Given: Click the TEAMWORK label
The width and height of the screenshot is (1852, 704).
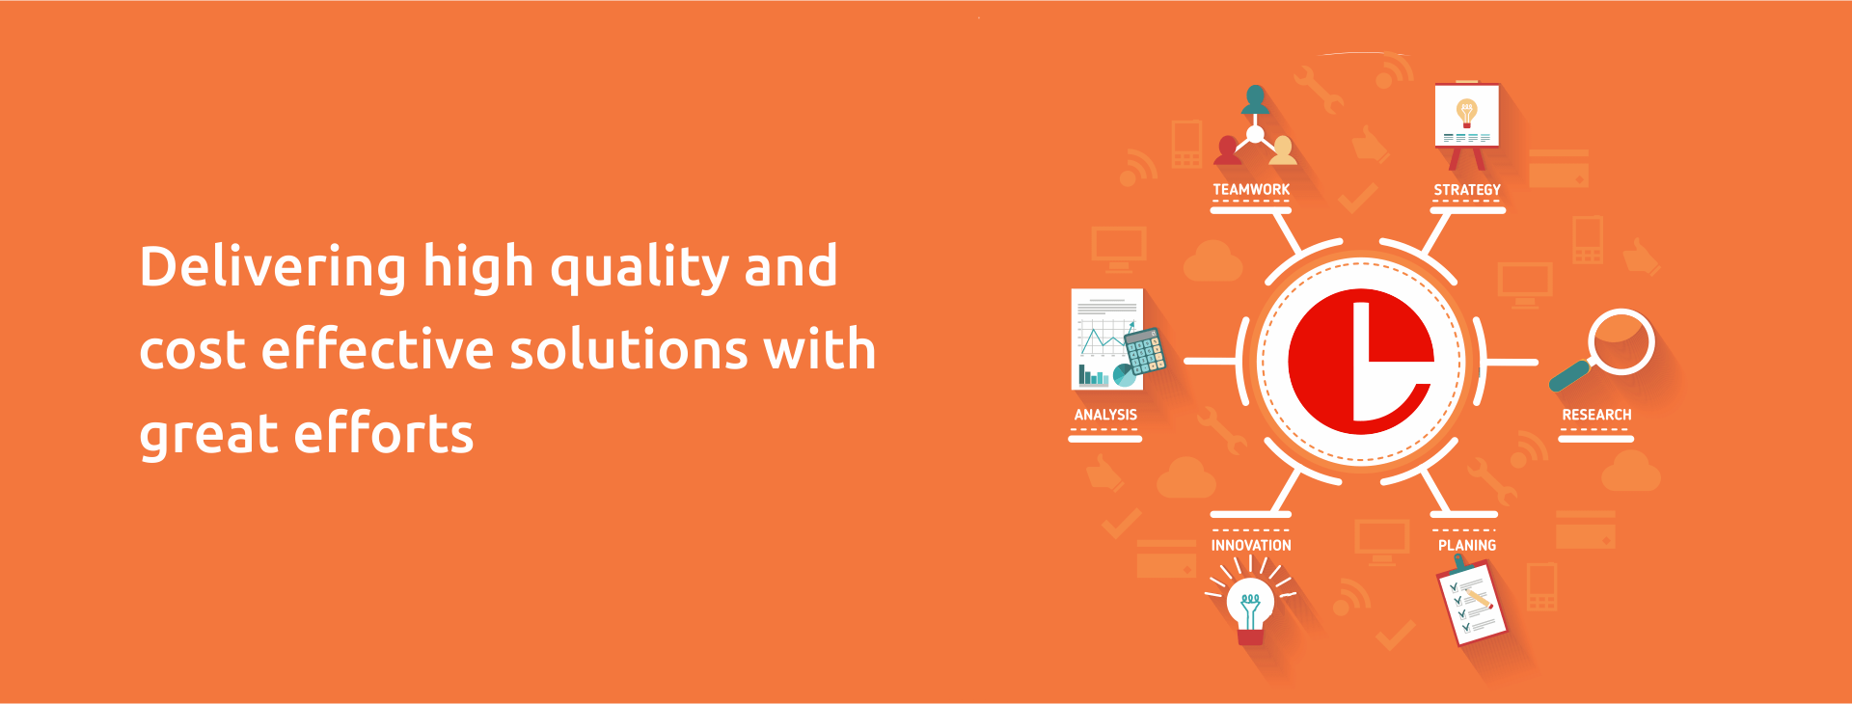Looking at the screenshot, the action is (1251, 190).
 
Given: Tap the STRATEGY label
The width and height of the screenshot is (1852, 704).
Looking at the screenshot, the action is (1467, 190).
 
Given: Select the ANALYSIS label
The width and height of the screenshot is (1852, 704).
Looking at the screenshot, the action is (1105, 415).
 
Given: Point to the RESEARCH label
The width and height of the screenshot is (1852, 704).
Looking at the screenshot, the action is (1596, 415).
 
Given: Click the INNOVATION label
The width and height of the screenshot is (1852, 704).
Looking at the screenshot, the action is (1251, 545).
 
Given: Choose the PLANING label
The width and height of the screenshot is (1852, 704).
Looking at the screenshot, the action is (1467, 545).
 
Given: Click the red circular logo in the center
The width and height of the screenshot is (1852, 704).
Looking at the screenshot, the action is (1361, 362).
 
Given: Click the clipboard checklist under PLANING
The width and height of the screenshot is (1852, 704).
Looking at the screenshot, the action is (1470, 603).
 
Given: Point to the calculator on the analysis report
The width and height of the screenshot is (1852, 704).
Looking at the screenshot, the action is (1145, 351).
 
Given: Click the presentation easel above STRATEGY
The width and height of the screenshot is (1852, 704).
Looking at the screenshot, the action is (1467, 124).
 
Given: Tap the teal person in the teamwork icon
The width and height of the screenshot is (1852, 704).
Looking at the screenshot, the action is (1256, 100).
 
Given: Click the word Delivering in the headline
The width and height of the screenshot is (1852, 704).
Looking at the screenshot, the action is (273, 268).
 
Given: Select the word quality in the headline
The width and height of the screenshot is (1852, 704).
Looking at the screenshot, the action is (640, 268).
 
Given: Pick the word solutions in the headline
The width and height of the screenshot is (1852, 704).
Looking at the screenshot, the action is (629, 349).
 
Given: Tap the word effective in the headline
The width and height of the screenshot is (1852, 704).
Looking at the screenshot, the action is (378, 349).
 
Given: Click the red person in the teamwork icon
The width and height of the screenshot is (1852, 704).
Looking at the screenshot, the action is (1228, 150).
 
